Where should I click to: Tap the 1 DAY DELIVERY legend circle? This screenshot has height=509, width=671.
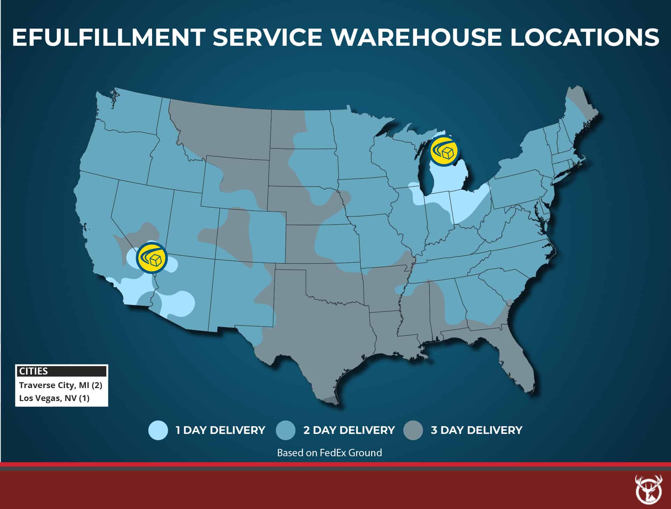pyautogui.click(x=158, y=430)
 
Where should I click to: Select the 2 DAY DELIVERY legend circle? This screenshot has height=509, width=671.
pyautogui.click(x=286, y=430)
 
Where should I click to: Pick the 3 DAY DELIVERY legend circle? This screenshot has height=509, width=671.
pyautogui.click(x=413, y=430)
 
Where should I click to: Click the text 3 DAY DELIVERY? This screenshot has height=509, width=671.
pyautogui.click(x=476, y=430)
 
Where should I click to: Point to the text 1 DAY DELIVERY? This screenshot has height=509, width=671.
pyautogui.click(x=220, y=430)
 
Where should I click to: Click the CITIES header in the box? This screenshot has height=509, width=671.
pyautogui.click(x=34, y=371)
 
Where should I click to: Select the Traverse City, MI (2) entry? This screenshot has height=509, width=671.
pyautogui.click(x=60, y=385)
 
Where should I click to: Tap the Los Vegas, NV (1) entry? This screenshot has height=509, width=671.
pyautogui.click(x=54, y=398)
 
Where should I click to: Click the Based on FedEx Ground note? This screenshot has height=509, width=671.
pyautogui.click(x=329, y=453)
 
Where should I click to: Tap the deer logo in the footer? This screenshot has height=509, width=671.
pyautogui.click(x=649, y=489)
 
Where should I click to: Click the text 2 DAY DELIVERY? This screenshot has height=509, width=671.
pyautogui.click(x=349, y=430)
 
